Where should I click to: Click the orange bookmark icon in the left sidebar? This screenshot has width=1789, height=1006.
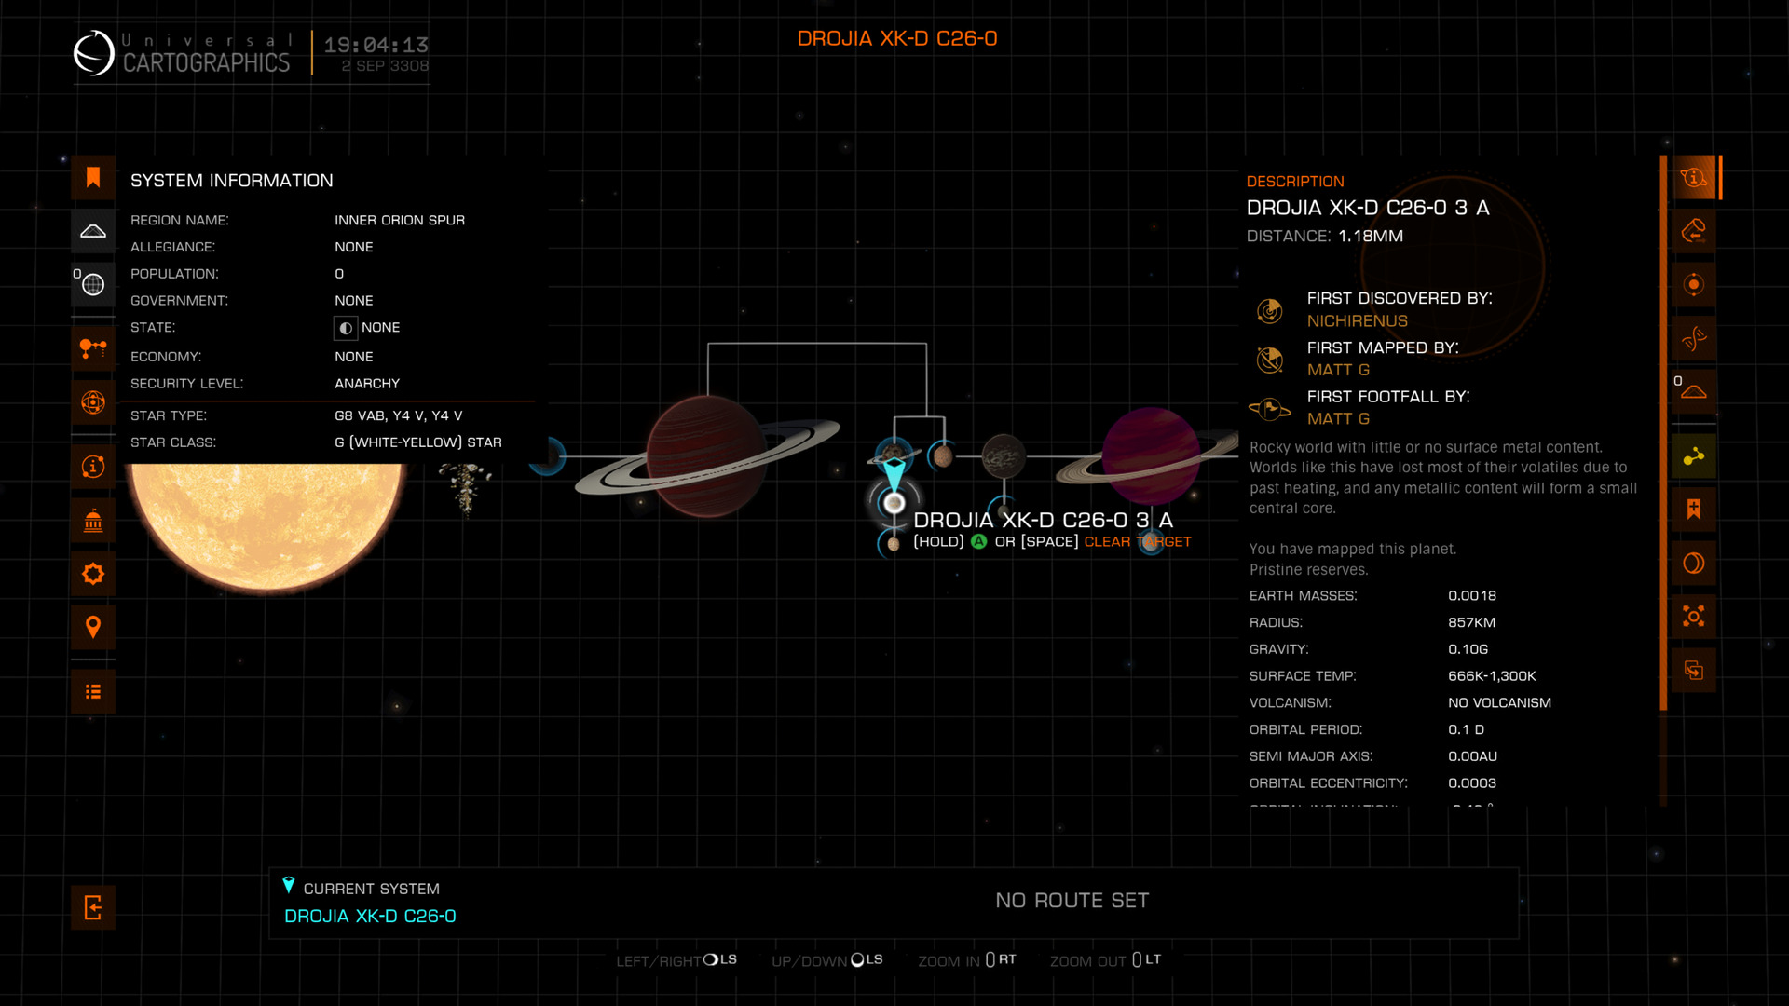93,178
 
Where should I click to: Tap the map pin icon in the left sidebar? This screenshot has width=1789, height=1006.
93,627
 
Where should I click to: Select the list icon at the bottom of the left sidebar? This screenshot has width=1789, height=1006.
93,691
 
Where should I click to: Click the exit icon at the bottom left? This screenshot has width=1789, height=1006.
93,907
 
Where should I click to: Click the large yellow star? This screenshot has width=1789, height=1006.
266,522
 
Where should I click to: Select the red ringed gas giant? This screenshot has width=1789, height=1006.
706,455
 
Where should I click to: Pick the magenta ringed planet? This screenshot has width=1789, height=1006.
1151,455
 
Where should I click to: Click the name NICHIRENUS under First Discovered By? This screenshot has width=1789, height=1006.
1357,321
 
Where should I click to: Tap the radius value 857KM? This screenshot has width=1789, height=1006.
1471,622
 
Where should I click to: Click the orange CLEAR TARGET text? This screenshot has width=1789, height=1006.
1137,542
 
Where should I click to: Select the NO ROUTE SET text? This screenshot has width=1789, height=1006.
1072,901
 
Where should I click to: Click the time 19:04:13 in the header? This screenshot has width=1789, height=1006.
376,45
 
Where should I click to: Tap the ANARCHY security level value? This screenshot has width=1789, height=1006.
367,384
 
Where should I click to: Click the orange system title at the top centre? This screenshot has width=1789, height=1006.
896,39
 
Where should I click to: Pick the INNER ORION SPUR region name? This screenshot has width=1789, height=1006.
399,221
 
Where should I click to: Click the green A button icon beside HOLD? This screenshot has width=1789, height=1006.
978,542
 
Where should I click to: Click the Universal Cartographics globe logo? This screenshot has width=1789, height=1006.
94,53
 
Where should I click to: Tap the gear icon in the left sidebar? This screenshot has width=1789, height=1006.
93,574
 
